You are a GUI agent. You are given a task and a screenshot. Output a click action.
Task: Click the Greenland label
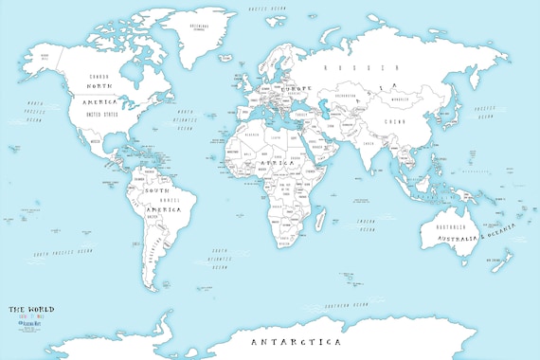200,26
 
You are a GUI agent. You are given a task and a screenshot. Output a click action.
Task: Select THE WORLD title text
32,309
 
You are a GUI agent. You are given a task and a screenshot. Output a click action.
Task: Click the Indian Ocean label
366,225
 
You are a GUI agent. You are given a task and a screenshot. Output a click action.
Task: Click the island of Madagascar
325,225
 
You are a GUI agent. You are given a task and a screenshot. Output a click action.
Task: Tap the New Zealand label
495,258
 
